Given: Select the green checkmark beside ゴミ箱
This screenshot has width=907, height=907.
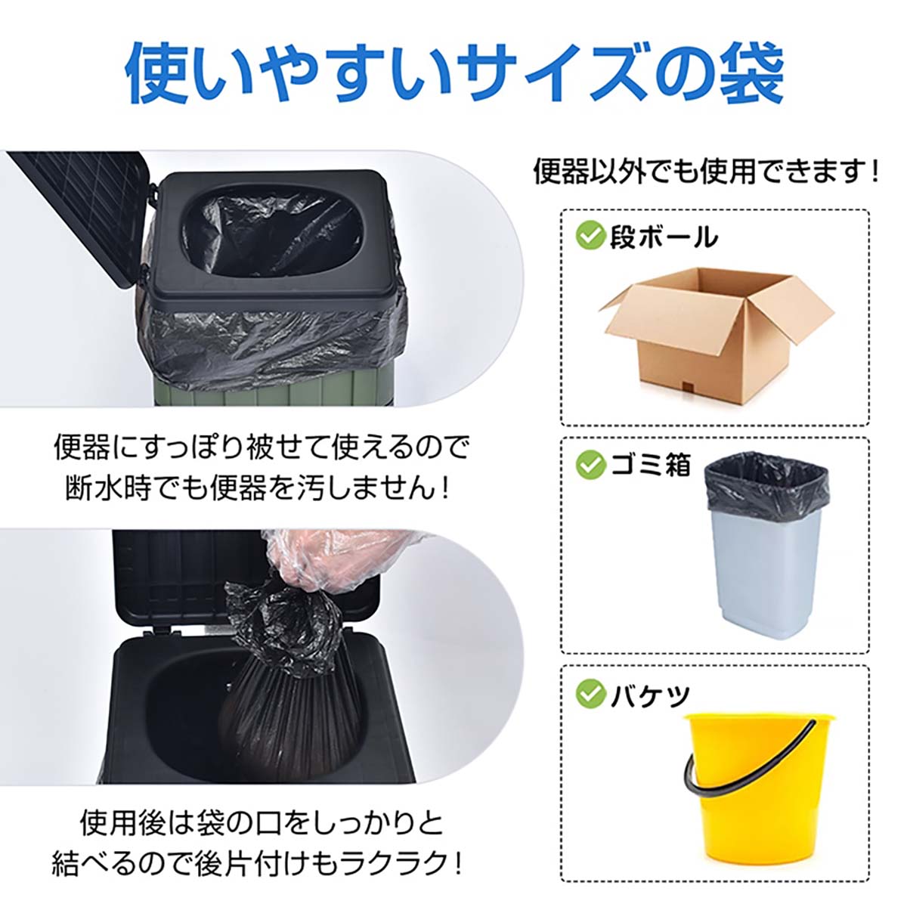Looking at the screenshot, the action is [590, 464].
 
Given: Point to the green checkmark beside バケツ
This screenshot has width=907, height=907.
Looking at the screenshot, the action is [590, 693].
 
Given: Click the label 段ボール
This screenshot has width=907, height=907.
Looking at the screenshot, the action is [663, 237].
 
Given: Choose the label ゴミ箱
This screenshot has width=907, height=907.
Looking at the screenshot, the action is [651, 465].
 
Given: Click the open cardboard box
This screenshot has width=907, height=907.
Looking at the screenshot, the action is [716, 333].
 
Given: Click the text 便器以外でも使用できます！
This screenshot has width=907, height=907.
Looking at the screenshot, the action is [707, 173].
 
